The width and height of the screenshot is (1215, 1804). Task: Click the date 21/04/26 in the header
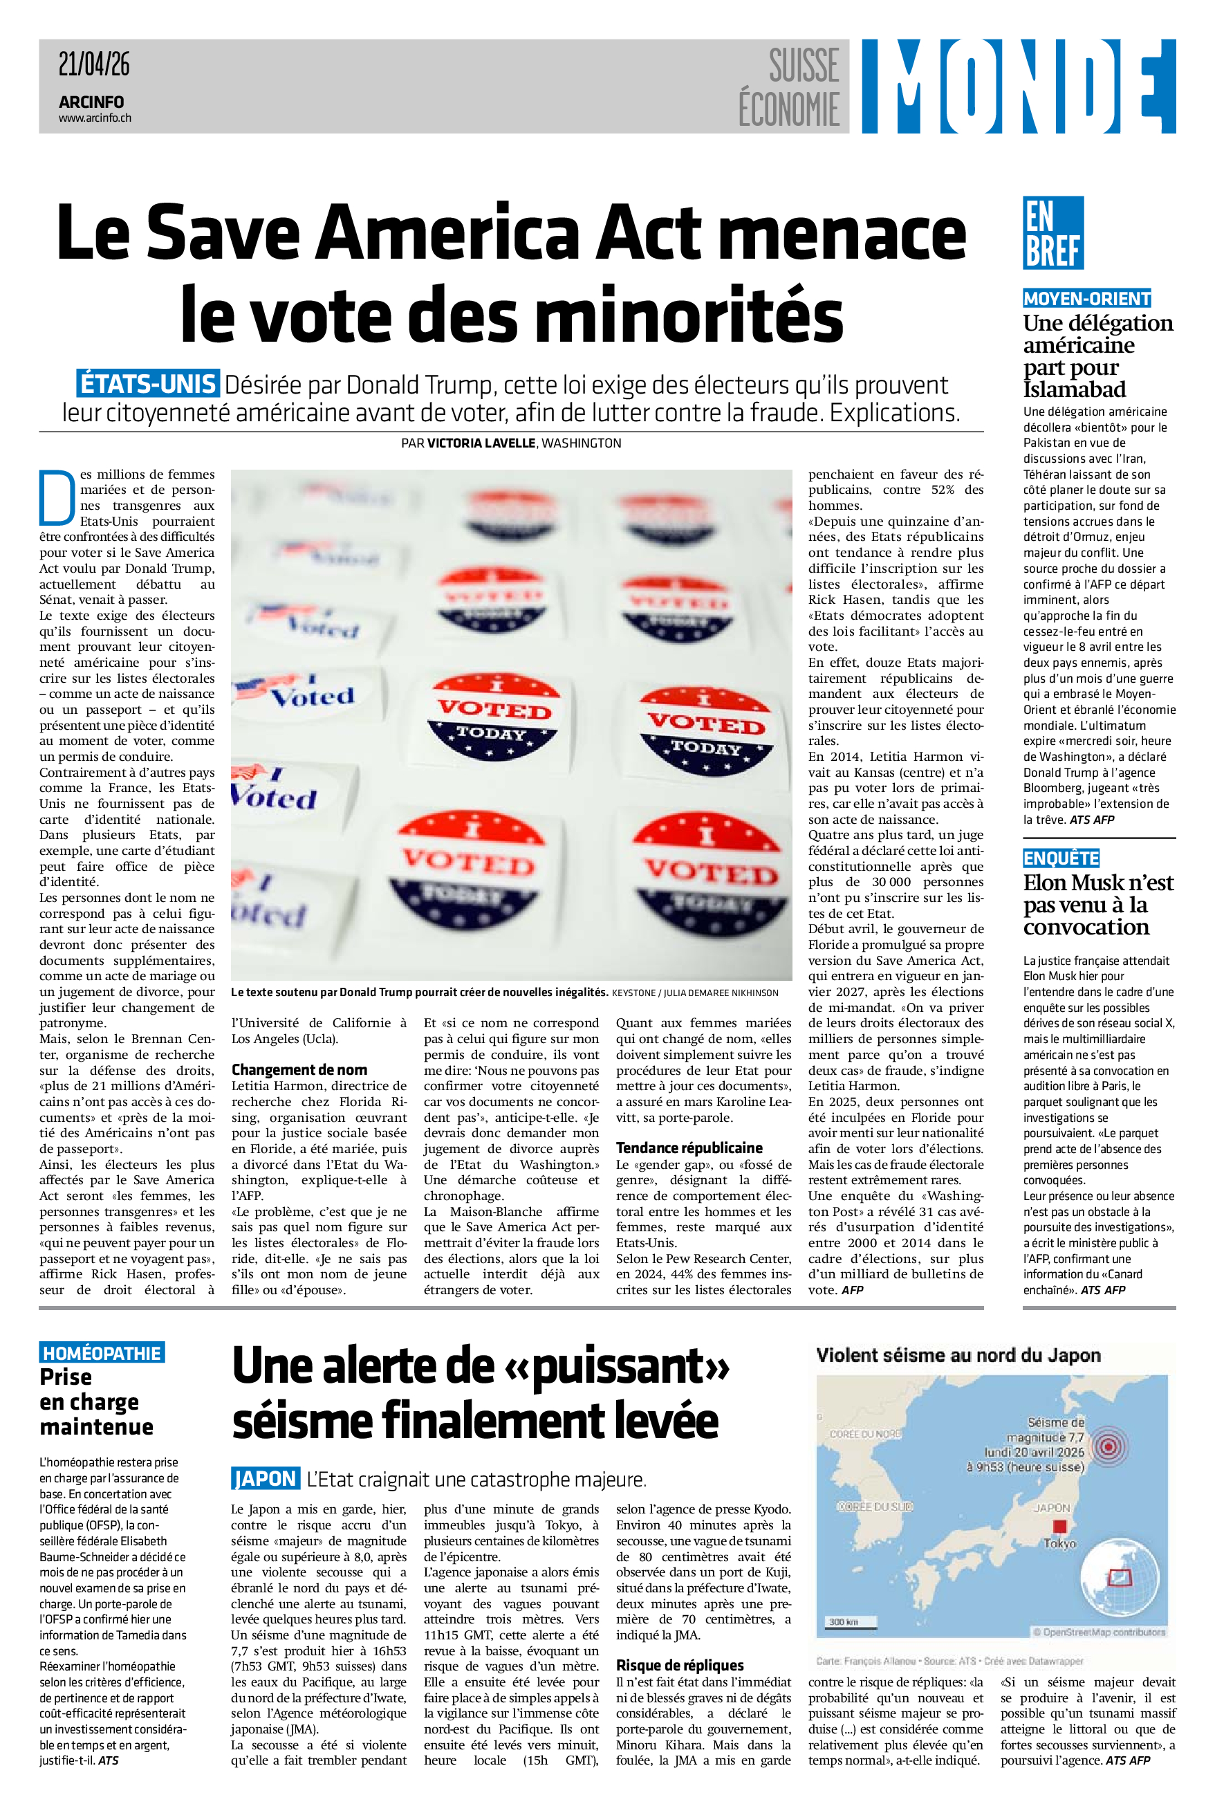(94, 64)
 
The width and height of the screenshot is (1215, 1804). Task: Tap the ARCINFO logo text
(91, 102)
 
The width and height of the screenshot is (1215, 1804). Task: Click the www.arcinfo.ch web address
(95, 118)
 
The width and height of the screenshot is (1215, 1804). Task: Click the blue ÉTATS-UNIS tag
(148, 385)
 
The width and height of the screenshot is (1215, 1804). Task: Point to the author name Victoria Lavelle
(481, 443)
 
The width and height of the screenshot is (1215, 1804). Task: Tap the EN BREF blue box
(1052, 232)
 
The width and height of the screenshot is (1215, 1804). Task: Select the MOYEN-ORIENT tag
(1086, 298)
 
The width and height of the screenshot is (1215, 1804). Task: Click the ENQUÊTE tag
(1061, 858)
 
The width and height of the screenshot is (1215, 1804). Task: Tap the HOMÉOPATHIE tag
(102, 1353)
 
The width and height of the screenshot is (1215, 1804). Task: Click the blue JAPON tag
(265, 1478)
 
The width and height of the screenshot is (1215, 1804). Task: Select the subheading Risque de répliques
(680, 1665)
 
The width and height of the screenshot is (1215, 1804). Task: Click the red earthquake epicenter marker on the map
(1109, 1446)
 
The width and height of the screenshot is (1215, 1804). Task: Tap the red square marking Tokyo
(1060, 1526)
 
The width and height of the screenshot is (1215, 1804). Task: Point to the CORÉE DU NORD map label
(865, 1435)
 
